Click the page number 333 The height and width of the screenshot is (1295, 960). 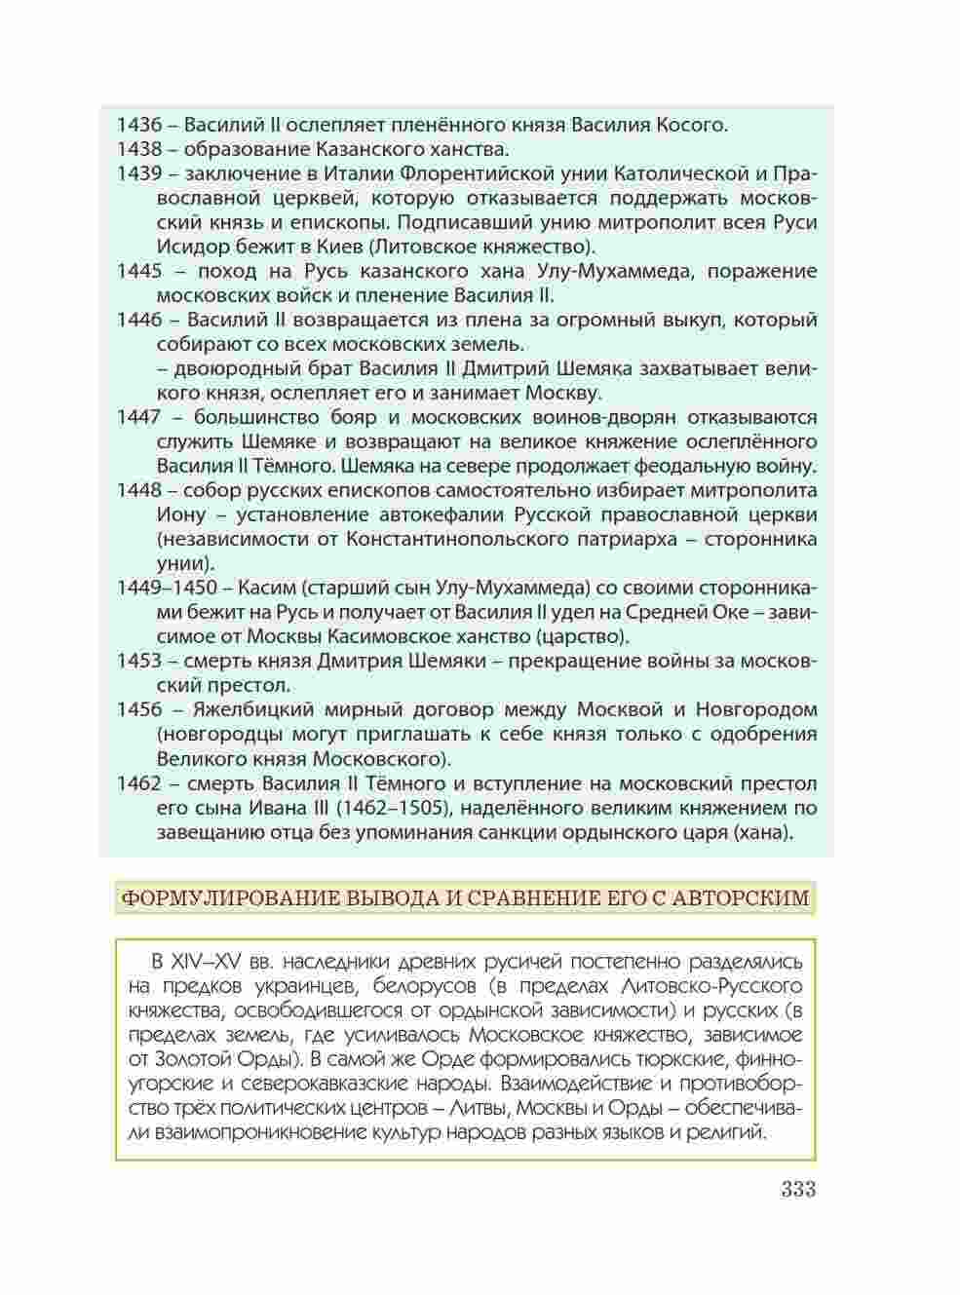tap(796, 1190)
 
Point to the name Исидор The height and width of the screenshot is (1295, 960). tap(187, 247)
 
